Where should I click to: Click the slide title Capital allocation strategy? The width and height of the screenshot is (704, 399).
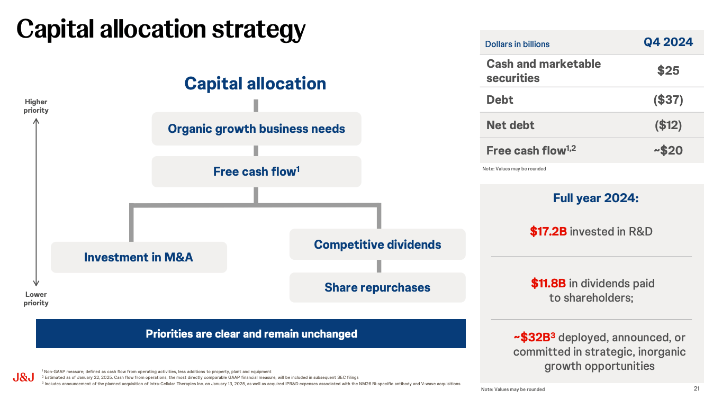click(x=161, y=29)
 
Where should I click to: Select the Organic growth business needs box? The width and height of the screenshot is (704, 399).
click(x=256, y=129)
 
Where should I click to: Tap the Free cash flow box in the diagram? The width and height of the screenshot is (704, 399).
click(x=256, y=171)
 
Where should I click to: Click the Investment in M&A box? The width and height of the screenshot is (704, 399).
click(x=139, y=257)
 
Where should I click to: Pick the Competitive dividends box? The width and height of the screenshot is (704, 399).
click(x=377, y=244)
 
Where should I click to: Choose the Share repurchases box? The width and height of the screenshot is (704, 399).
click(x=377, y=287)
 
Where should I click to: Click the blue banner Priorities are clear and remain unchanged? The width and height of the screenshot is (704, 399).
click(x=251, y=333)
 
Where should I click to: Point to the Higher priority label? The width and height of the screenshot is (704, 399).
click(x=36, y=106)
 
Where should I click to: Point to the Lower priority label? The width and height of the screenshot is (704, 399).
click(x=36, y=298)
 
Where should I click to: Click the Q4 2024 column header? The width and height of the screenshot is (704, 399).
click(x=668, y=43)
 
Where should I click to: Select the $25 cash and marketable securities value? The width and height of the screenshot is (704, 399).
click(x=668, y=70)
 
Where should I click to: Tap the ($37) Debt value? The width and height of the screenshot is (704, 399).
click(x=668, y=99)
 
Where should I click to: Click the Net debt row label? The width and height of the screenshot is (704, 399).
click(x=510, y=125)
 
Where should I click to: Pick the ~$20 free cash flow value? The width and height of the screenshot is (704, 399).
click(x=667, y=150)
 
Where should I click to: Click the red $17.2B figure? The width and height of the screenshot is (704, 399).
click(x=548, y=231)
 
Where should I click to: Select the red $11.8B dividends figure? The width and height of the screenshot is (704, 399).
click(x=549, y=283)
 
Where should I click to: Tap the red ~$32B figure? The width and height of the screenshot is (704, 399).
click(x=534, y=337)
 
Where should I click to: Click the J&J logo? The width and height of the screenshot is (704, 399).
click(x=23, y=378)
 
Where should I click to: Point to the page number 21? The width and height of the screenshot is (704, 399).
click(x=696, y=388)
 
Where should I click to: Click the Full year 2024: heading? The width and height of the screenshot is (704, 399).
click(x=595, y=198)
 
